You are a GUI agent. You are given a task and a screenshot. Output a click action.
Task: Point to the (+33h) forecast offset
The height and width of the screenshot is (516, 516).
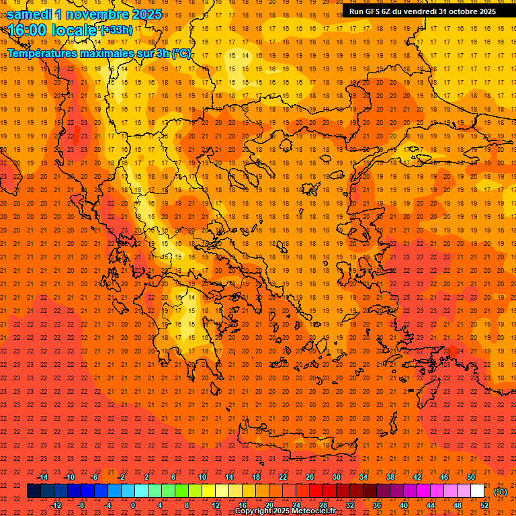click(116, 30)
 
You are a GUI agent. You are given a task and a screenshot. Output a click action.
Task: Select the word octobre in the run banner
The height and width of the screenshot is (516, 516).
click(464, 11)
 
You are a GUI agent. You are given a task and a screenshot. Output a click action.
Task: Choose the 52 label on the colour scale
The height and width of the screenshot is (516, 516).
click(484, 505)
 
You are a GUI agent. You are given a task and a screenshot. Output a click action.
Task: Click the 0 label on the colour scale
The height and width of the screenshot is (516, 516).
click(132, 505)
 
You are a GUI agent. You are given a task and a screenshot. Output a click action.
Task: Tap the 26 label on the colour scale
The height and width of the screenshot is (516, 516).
click(310, 477)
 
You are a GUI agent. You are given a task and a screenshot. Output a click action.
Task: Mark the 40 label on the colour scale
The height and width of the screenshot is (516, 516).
click(404, 505)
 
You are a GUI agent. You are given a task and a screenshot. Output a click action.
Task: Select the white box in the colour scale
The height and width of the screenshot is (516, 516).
click(477, 491)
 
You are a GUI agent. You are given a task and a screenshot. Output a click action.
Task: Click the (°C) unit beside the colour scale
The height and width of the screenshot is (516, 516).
click(501, 492)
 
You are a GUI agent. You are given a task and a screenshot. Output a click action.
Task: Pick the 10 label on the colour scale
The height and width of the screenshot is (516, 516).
click(202, 477)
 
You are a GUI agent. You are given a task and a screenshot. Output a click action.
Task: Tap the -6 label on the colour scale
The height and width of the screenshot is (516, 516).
click(95, 477)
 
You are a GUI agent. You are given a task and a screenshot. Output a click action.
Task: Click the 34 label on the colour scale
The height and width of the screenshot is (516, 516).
click(363, 477)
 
